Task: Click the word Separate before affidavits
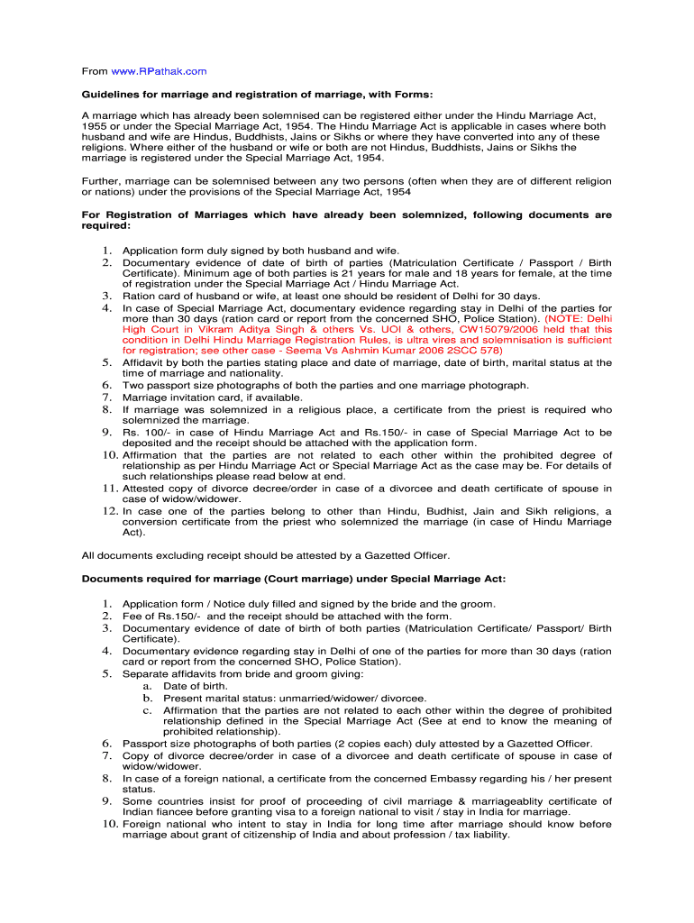coord(147,673)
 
